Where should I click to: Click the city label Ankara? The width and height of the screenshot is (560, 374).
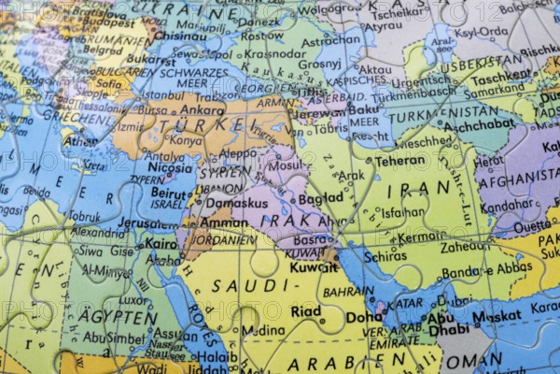coord(203,108)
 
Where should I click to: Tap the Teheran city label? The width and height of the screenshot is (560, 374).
coord(400,160)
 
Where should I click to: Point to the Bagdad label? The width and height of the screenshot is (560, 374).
coord(321,198)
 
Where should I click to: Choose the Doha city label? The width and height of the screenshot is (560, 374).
coord(363,317)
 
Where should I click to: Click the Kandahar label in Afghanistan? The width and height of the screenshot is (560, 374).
coord(508,204)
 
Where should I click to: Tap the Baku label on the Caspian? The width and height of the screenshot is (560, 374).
coord(362,108)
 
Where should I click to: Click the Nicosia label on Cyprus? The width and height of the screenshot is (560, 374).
coord(171,168)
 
